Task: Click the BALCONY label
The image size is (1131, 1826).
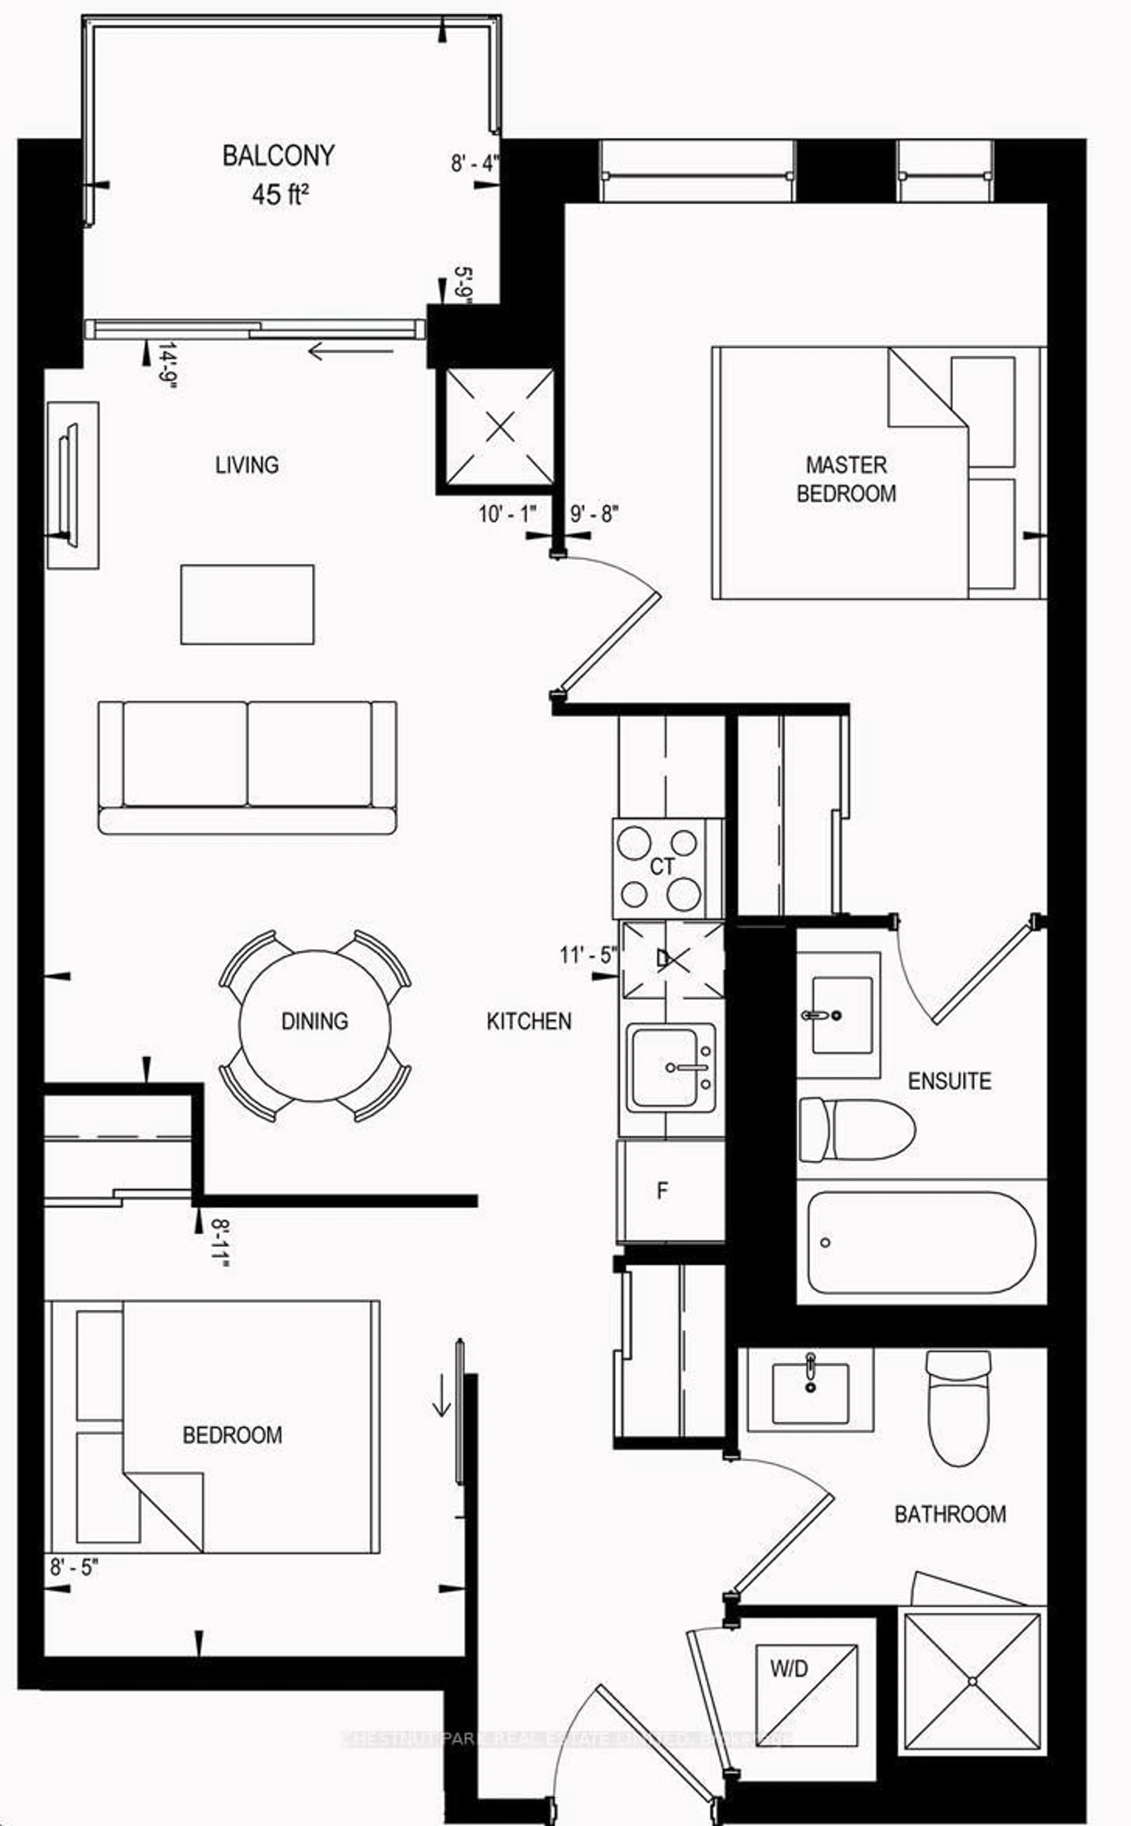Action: [x=278, y=156]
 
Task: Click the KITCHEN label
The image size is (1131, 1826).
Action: [x=529, y=1021]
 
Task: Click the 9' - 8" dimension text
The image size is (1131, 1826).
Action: [x=595, y=514]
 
